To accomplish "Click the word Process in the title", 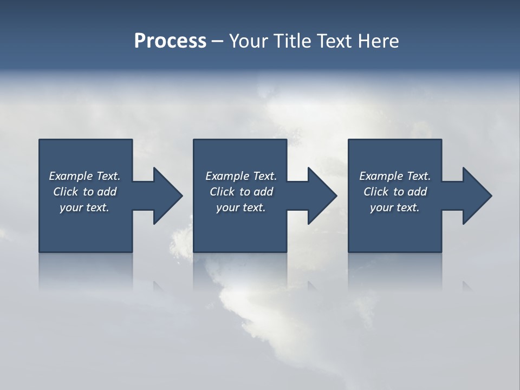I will click(170, 41).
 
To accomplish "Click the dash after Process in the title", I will click(218, 41).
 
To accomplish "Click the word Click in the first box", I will click(66, 192).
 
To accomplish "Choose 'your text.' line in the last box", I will click(394, 207).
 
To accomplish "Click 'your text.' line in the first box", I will click(84, 207).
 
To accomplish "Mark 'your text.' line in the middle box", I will click(240, 207).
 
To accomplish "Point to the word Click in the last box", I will click(376, 192).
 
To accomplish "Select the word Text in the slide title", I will click(334, 41).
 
